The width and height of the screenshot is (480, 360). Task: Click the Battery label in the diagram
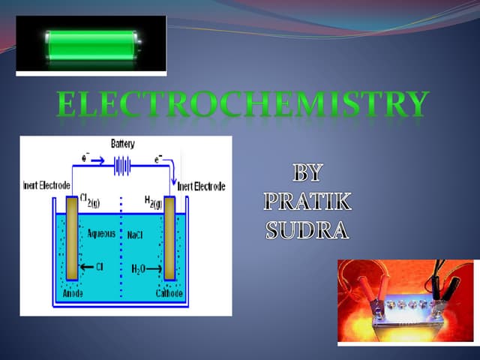click(123, 143)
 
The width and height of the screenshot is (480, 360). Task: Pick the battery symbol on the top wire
click(123, 166)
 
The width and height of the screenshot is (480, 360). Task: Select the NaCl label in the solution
click(136, 235)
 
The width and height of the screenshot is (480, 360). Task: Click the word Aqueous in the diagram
click(100, 234)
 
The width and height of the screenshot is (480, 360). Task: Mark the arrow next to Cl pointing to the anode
click(91, 265)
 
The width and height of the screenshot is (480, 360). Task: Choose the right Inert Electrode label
click(201, 186)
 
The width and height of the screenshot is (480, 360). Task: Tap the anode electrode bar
click(72, 240)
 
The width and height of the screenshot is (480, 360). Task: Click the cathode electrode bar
click(169, 240)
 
